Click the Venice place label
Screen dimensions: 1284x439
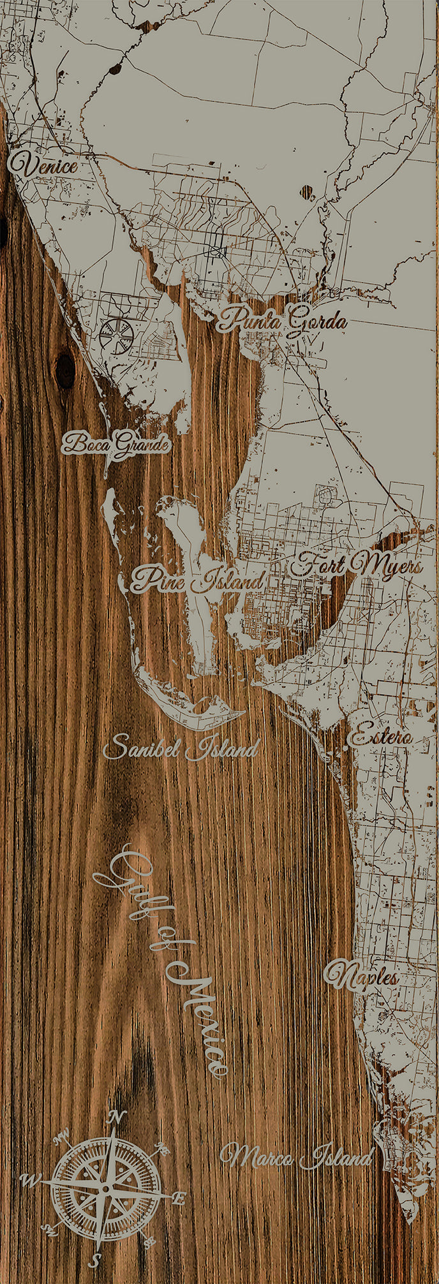tap(43, 165)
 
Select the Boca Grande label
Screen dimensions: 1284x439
tap(117, 443)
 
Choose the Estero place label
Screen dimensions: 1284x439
tap(380, 737)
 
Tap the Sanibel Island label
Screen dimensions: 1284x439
tap(181, 747)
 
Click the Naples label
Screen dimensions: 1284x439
tap(361, 977)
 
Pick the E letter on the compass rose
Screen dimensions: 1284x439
tap(179, 1199)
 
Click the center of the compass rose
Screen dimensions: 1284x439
tap(106, 1189)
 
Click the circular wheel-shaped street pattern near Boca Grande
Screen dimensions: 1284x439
tap(117, 336)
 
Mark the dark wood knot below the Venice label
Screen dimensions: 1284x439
tap(65, 371)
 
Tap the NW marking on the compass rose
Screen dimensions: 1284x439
tap(62, 1137)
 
